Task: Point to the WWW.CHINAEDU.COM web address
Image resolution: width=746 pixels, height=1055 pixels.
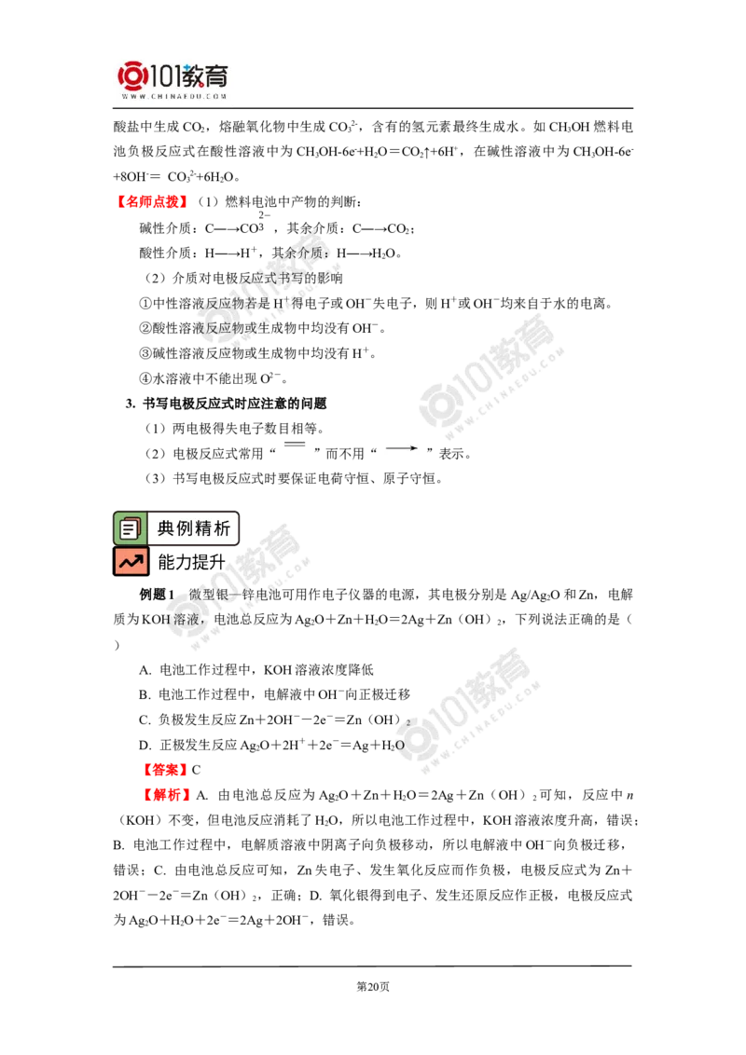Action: click(174, 96)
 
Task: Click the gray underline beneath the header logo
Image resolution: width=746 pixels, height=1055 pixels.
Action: click(174, 110)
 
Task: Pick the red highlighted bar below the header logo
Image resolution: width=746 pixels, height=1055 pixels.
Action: click(152, 201)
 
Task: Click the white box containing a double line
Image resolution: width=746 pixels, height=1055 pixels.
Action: click(298, 448)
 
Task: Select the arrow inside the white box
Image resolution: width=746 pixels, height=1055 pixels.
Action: click(402, 448)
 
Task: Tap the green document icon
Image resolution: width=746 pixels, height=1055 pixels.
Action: click(130, 528)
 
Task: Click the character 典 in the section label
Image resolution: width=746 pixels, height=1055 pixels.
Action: click(167, 528)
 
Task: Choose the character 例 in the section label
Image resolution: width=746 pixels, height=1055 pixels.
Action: click(186, 528)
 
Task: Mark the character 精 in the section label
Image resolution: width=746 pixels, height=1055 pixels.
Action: click(204, 528)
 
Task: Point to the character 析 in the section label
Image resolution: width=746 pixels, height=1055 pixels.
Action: click(223, 528)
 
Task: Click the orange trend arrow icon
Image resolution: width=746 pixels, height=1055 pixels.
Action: click(131, 561)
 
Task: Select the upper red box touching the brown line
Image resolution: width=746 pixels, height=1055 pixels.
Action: click(164, 770)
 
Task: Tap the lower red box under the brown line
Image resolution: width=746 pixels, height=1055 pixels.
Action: click(167, 794)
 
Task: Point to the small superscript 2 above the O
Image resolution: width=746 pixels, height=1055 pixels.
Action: click(408, 722)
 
